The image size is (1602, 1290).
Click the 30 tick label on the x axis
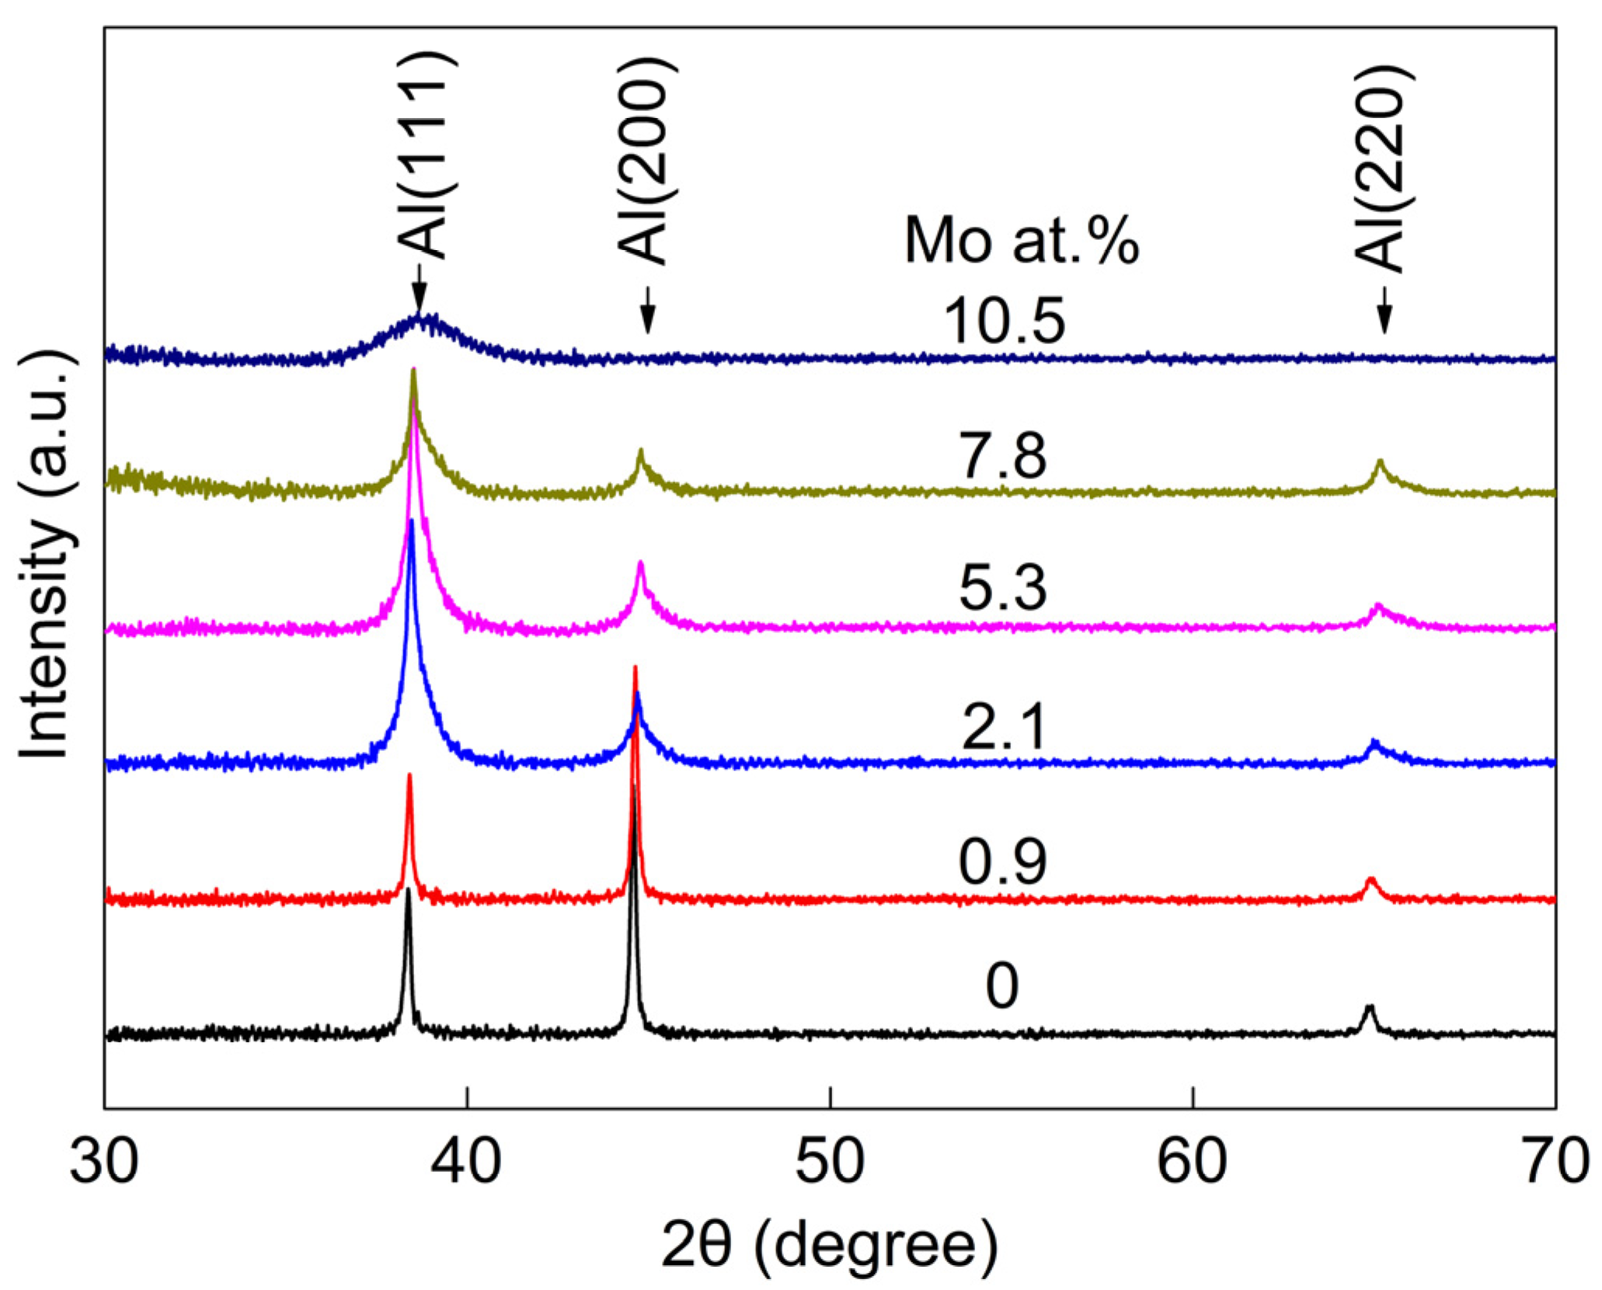click(103, 1163)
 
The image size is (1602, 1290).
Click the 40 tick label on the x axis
click(467, 1163)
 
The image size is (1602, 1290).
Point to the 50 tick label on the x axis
click(830, 1163)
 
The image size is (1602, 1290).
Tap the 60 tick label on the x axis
click(1193, 1163)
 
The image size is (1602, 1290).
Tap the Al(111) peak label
click(422, 155)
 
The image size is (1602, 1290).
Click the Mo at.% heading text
click(1021, 242)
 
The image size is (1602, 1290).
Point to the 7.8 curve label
click(1003, 457)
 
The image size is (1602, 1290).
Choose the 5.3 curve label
click(1003, 588)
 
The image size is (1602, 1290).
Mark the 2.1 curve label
click(1003, 726)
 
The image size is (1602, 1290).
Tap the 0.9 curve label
click(1003, 861)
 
